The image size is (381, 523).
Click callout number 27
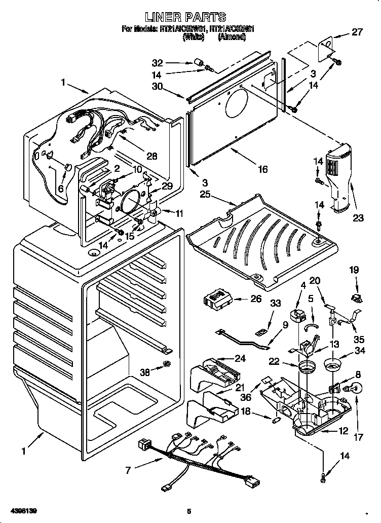pyautogui.click(x=357, y=32)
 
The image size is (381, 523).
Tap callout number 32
pyautogui.click(x=158, y=63)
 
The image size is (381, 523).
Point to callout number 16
pyautogui.click(x=262, y=170)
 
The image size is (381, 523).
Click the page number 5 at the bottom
pyautogui.click(x=189, y=511)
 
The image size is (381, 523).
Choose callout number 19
pyautogui.click(x=353, y=271)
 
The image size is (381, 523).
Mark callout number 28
pyautogui.click(x=151, y=156)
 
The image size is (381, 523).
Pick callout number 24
pyautogui.click(x=240, y=358)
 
